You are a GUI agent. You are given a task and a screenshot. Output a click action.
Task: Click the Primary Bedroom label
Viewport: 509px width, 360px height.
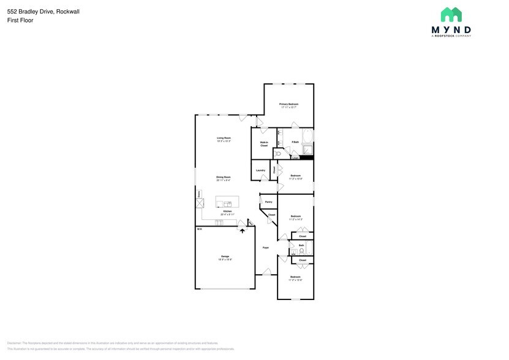(x=288, y=104)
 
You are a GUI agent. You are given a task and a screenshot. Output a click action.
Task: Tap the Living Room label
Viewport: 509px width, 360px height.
(x=224, y=138)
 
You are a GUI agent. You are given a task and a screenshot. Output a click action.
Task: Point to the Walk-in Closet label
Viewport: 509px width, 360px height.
(x=264, y=144)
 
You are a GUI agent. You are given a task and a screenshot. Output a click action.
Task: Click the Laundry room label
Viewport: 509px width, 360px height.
(x=260, y=170)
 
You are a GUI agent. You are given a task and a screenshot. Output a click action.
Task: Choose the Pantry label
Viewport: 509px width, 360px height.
(x=268, y=201)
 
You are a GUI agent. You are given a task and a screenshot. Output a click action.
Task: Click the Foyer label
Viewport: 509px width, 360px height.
(x=266, y=247)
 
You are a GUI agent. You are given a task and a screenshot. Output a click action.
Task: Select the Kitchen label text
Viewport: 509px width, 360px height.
(x=227, y=211)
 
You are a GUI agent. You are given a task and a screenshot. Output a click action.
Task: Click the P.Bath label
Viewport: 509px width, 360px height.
(x=295, y=142)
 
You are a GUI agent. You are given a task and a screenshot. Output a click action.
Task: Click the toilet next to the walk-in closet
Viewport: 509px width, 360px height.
(x=277, y=154)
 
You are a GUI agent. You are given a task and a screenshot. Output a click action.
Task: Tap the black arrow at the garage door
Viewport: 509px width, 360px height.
(x=243, y=231)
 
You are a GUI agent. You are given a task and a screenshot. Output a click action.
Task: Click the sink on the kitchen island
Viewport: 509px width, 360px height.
(x=227, y=203)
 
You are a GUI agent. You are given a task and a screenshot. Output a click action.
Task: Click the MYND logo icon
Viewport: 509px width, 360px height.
(x=451, y=15)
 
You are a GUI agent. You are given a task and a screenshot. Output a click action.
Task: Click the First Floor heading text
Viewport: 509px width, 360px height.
(x=21, y=20)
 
